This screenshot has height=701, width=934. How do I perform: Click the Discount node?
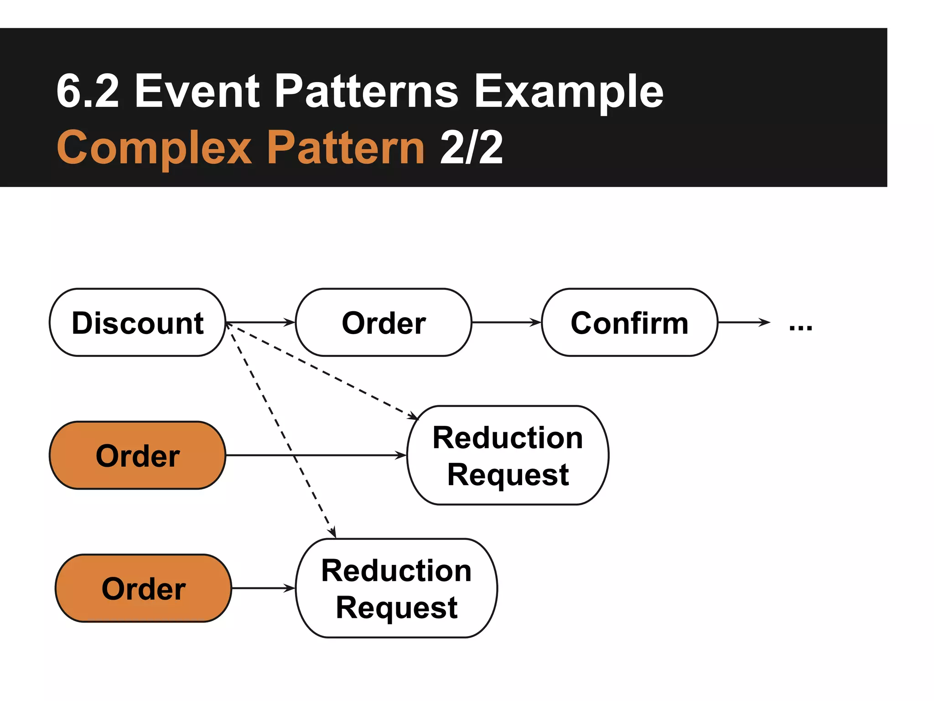coord(137,323)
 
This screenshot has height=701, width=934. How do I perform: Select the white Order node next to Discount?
coord(384,323)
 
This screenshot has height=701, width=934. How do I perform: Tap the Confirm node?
coord(629,323)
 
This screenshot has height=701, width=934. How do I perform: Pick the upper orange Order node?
coord(137,455)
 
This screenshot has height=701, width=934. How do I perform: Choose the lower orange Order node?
coord(143,588)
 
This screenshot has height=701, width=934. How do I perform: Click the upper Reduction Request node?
coord(508,455)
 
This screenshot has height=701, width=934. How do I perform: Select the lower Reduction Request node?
coord(396,588)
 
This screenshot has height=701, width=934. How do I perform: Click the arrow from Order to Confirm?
coord(506,322)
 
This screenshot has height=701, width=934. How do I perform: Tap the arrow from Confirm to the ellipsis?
coord(743,322)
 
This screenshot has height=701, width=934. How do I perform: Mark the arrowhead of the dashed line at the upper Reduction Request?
coord(414,416)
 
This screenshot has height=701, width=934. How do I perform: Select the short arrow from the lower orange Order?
coord(263,588)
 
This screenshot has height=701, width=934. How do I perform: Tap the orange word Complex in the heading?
coord(154,147)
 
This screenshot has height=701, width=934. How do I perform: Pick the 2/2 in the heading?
coord(471,147)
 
